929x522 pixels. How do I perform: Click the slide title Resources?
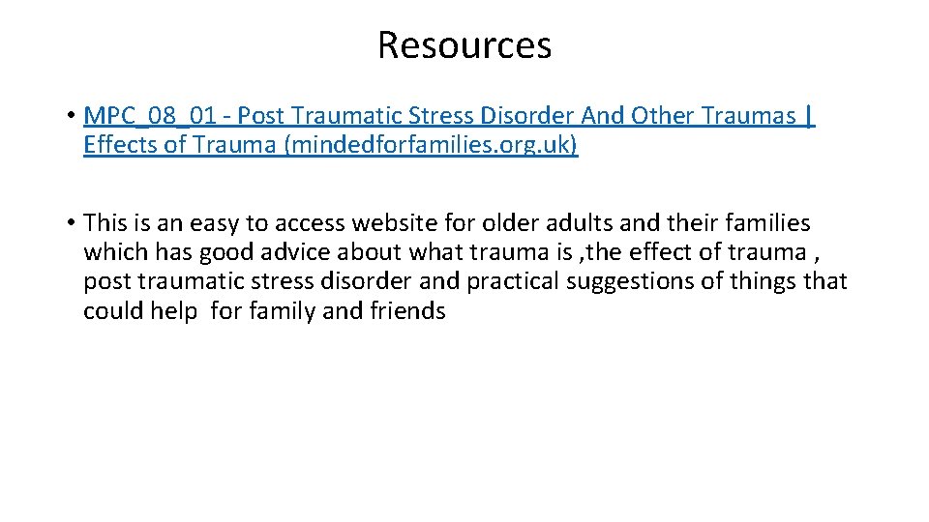pyautogui.click(x=464, y=45)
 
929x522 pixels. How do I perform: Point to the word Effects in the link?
pyautogui.click(x=120, y=146)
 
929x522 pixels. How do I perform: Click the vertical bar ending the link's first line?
pyautogui.click(x=809, y=117)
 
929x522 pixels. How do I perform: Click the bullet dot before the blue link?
pyautogui.click(x=73, y=117)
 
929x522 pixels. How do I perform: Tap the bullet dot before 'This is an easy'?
pyautogui.click(x=73, y=223)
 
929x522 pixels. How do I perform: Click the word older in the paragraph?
pyautogui.click(x=511, y=223)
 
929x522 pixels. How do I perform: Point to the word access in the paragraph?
pyautogui.click(x=308, y=224)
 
